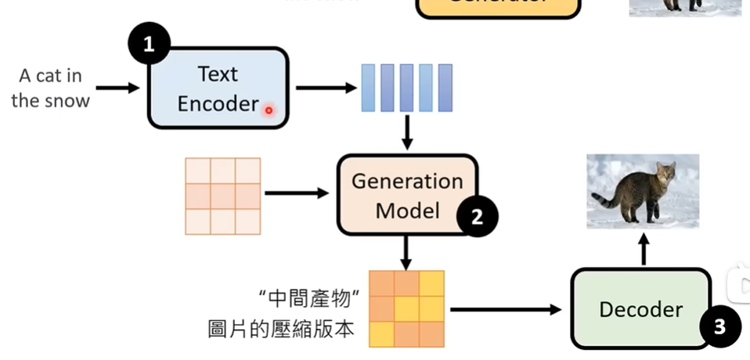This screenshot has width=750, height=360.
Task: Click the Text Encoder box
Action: click(x=218, y=88)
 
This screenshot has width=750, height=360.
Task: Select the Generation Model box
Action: click(x=406, y=195)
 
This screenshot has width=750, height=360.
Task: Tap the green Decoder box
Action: click(x=640, y=309)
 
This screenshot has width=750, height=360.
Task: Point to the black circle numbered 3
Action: click(x=719, y=326)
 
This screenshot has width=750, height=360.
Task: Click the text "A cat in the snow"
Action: click(x=51, y=88)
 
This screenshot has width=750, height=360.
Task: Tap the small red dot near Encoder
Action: click(x=269, y=110)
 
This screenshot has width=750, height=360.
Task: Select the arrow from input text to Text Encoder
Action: click(x=117, y=88)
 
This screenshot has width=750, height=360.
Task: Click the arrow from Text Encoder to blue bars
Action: click(x=325, y=88)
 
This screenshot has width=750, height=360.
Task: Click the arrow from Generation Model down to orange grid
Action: click(x=406, y=252)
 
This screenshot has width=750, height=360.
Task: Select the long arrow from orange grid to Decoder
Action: click(x=506, y=309)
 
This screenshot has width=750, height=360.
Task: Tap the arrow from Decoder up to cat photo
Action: click(x=644, y=250)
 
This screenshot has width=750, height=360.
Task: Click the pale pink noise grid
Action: click(x=222, y=196)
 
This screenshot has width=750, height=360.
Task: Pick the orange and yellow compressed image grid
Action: click(x=406, y=308)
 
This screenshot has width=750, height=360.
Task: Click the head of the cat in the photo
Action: click(x=665, y=173)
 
